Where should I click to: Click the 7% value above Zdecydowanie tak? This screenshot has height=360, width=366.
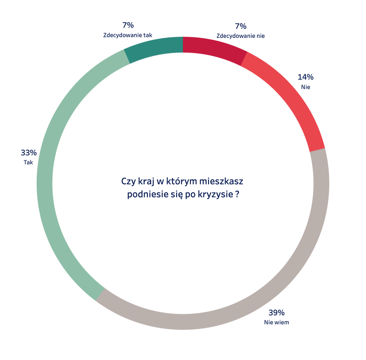coord(128,25)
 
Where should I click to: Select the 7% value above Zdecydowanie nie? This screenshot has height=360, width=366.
coord(240,26)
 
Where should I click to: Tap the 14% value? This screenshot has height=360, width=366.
coord(306,77)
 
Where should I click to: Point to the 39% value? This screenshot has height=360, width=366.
coord(276,312)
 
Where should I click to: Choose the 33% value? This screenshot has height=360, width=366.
coord(28,153)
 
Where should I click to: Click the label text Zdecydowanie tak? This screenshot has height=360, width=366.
coord(128,35)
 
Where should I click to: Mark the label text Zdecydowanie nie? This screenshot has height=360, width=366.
coord(240,36)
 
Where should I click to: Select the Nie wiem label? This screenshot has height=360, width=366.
coord(276,322)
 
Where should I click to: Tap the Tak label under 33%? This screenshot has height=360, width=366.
coord(28,162)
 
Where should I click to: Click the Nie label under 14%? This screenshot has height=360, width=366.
coord(306,87)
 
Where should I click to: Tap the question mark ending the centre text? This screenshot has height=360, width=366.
coord(238,195)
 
